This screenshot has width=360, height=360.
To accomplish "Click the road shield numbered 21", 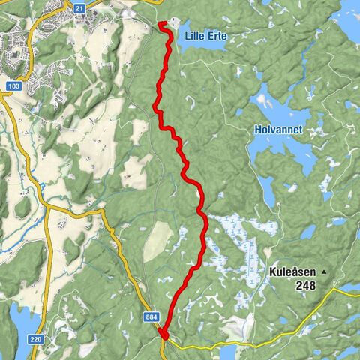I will pyautogui.click(x=79, y=7).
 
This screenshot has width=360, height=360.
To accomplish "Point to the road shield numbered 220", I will pyautogui.click(x=35, y=319).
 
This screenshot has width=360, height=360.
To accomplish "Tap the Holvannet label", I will pyautogui.click(x=277, y=130).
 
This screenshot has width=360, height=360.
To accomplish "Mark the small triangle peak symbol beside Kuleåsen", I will pyautogui.click(x=323, y=271).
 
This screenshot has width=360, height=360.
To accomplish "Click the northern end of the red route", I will pyautogui.click(x=160, y=24).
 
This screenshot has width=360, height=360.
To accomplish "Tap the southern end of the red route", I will pyautogui.click(x=164, y=335).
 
